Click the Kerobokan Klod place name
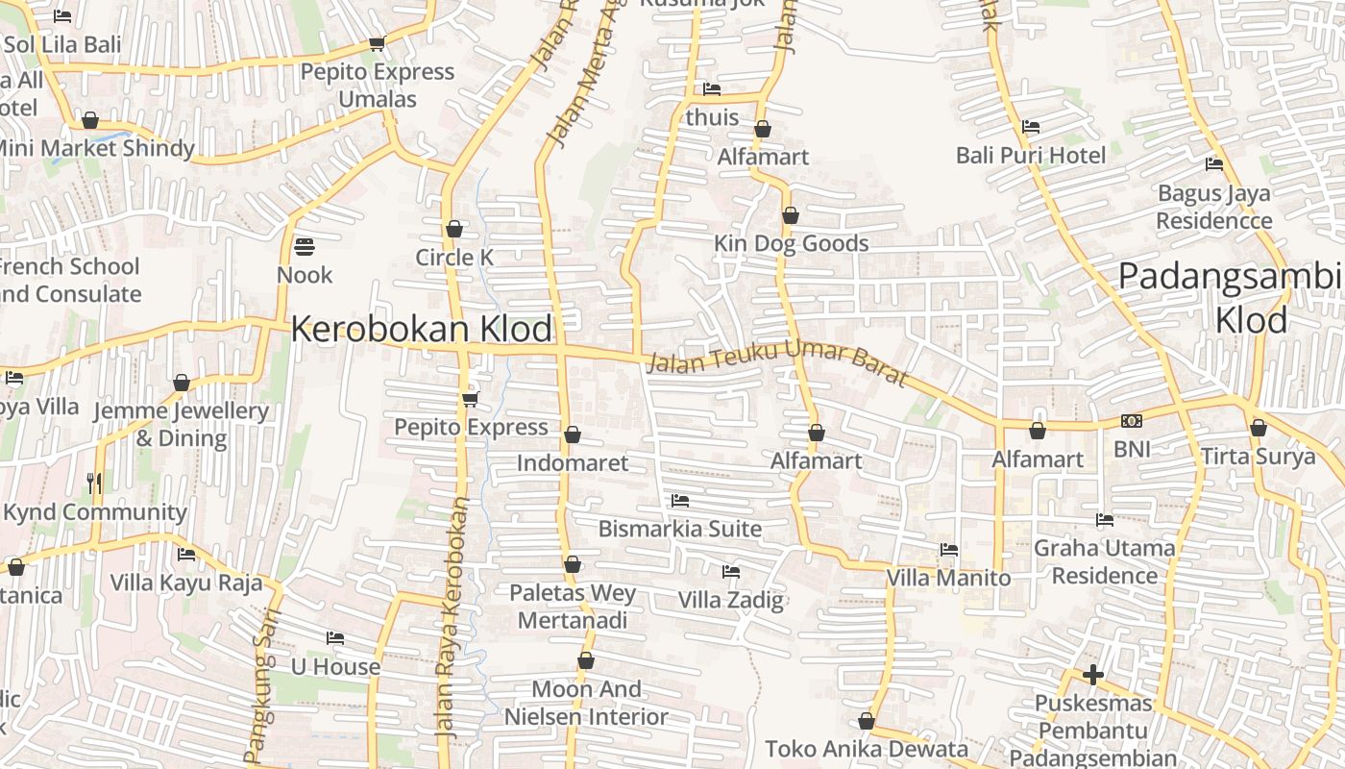[x=422, y=329]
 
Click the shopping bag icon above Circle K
[x=454, y=229]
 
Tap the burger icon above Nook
[x=305, y=247]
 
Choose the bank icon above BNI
[x=1132, y=421]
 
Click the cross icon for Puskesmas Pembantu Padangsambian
[x=1092, y=674]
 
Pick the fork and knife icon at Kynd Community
[x=94, y=483]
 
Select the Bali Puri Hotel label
[x=1031, y=155]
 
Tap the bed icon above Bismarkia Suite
[x=680, y=501]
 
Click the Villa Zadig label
[x=731, y=601]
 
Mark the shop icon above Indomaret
[x=573, y=434]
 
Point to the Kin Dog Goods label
[x=791, y=243]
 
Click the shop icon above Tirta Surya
[x=1259, y=428]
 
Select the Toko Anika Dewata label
[x=867, y=749]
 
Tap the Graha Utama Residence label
[x=1104, y=561]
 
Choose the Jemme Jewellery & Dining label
[x=181, y=424]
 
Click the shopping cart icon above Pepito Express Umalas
[x=377, y=44]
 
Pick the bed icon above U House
[x=335, y=638]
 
